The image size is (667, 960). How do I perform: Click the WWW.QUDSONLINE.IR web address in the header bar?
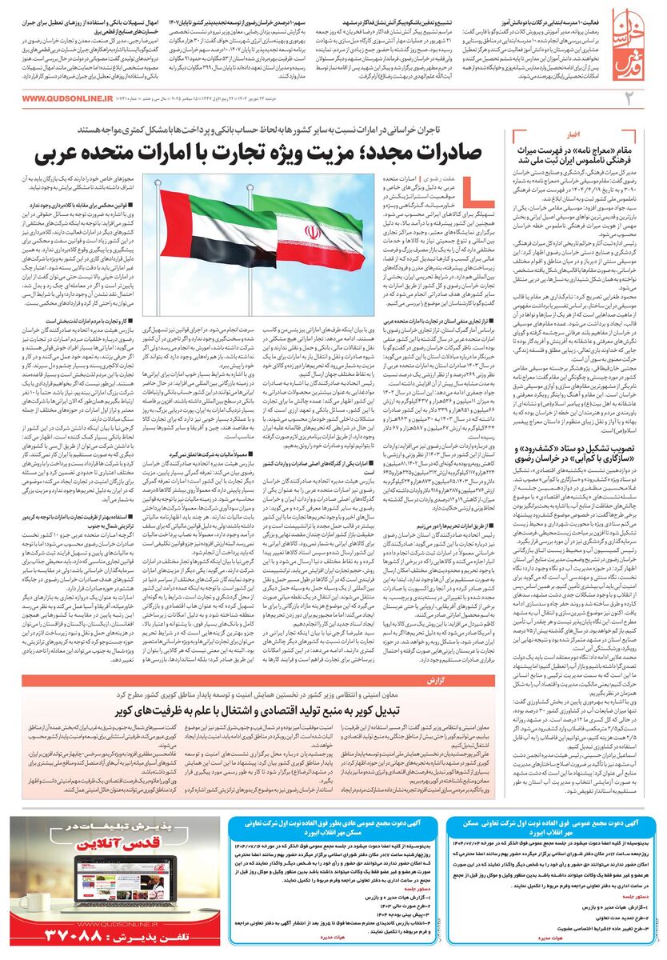67,98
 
